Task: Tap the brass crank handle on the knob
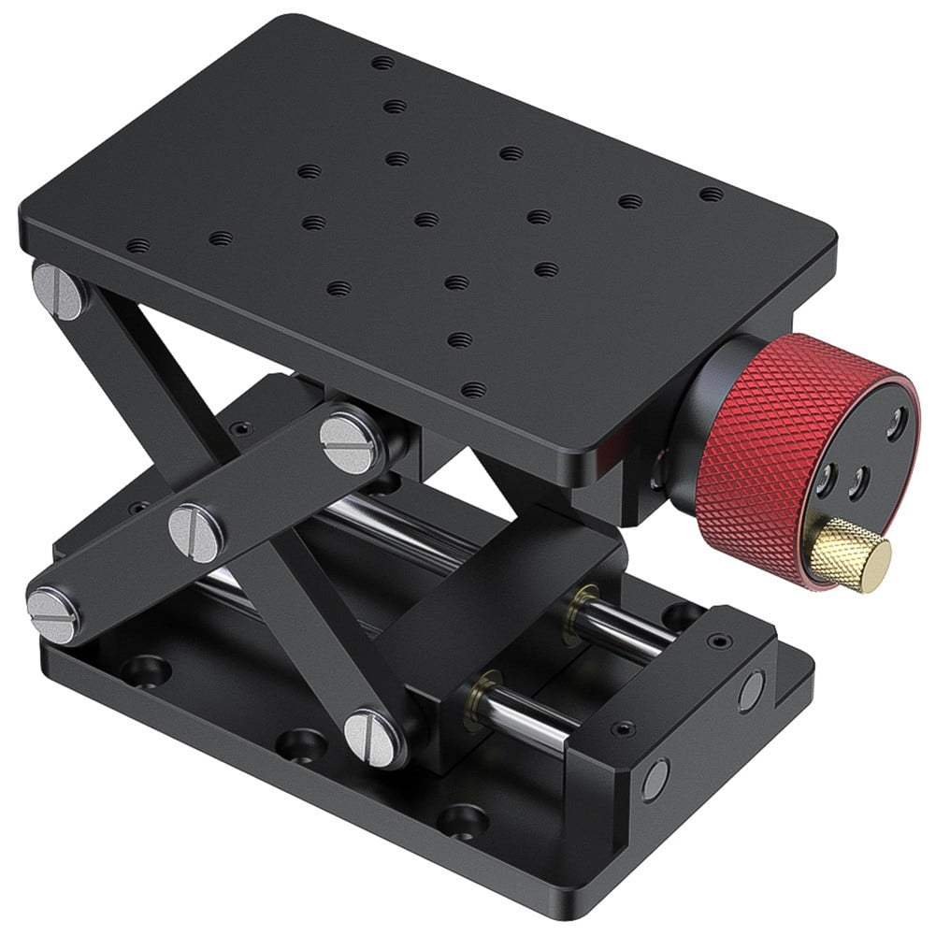pyautogui.click(x=851, y=556)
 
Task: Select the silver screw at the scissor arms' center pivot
pyautogui.click(x=196, y=532)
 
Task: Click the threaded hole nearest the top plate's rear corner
pyautogui.click(x=382, y=64)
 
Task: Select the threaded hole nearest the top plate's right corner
pyautogui.click(x=712, y=194)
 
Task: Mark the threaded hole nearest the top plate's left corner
pyautogui.click(x=137, y=246)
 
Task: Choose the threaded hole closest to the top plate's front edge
pyautogui.click(x=474, y=389)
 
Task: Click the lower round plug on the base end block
pyautogui.click(x=655, y=779)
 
